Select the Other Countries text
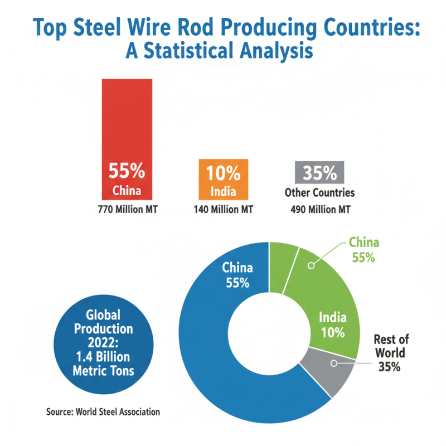click(320, 193)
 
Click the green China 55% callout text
click(363, 250)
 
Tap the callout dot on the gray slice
click(334, 363)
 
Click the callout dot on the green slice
click(311, 266)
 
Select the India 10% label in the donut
click(332, 325)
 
